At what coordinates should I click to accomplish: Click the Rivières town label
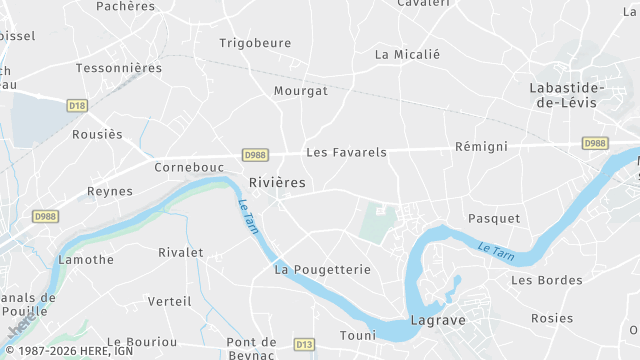(277, 183)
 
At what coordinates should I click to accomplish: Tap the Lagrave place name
(437, 322)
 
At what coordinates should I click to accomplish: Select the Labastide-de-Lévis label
(566, 96)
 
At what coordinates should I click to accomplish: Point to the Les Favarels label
(346, 153)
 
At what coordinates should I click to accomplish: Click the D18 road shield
(77, 105)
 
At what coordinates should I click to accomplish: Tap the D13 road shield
(304, 345)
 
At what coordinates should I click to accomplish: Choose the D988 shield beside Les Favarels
(254, 155)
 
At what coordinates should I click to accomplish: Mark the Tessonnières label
(119, 68)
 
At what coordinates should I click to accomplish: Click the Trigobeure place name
(254, 43)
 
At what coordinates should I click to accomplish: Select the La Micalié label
(407, 54)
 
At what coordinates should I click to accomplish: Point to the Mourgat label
(301, 91)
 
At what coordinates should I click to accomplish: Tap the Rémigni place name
(481, 147)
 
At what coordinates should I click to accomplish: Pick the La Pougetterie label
(322, 270)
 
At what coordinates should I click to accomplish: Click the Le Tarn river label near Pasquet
(497, 248)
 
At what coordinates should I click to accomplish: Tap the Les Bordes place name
(546, 280)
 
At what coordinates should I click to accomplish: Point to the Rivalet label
(181, 253)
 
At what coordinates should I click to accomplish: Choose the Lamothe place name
(86, 260)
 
